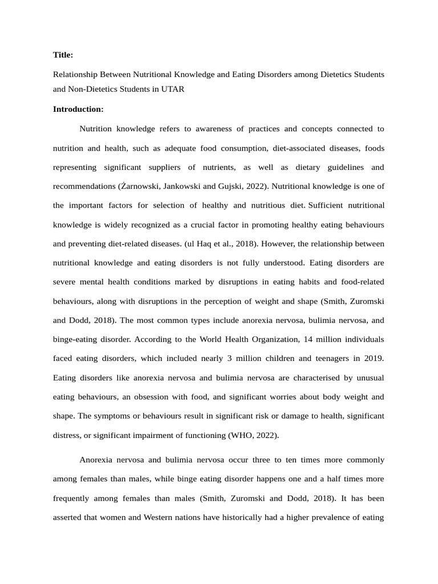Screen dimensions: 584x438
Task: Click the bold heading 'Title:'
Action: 63,55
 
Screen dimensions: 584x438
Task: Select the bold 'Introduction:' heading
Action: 78,109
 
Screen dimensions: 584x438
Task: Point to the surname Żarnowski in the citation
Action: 140,186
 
